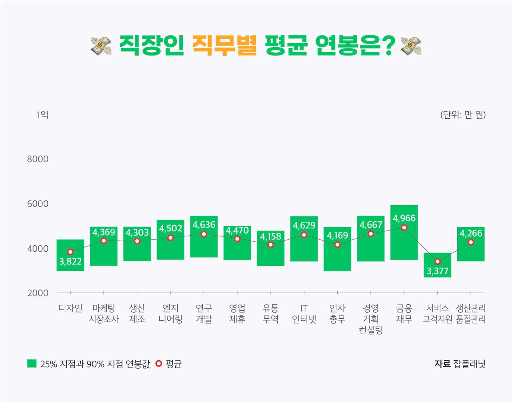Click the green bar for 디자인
(x=70, y=244)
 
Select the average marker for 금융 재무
(x=404, y=227)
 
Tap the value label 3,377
(x=437, y=271)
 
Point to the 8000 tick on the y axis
(x=38, y=159)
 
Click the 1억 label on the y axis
(x=42, y=115)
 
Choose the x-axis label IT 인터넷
(x=304, y=314)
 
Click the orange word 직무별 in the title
(x=224, y=46)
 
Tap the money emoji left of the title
(x=101, y=46)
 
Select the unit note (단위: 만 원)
(x=463, y=115)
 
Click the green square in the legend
(x=32, y=363)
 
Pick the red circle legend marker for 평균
(x=159, y=363)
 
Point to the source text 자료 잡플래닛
(x=460, y=364)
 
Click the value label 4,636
(x=204, y=225)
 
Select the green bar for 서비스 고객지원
(x=437, y=258)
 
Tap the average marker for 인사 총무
(x=337, y=244)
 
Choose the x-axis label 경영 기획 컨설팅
(x=371, y=319)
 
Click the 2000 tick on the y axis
(x=38, y=293)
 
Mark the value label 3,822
(x=70, y=262)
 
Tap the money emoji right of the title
(x=411, y=46)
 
